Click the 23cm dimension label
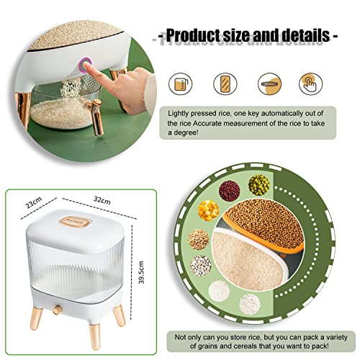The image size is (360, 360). click(34, 203)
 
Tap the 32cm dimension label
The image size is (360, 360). click(102, 200)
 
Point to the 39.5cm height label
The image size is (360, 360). click(141, 272)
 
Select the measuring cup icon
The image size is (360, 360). click(181, 84)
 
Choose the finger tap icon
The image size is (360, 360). click(310, 84)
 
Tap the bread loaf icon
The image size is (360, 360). click(225, 84)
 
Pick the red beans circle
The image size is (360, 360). click(230, 191)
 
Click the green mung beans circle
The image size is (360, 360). click(258, 184)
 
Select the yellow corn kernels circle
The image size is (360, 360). click(208, 210)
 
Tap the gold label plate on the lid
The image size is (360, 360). click(75, 222)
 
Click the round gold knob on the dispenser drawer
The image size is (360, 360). click(58, 310)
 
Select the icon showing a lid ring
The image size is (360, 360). click(269, 84)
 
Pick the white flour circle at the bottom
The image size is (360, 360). click(250, 304)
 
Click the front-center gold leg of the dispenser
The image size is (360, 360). click(94, 336)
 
